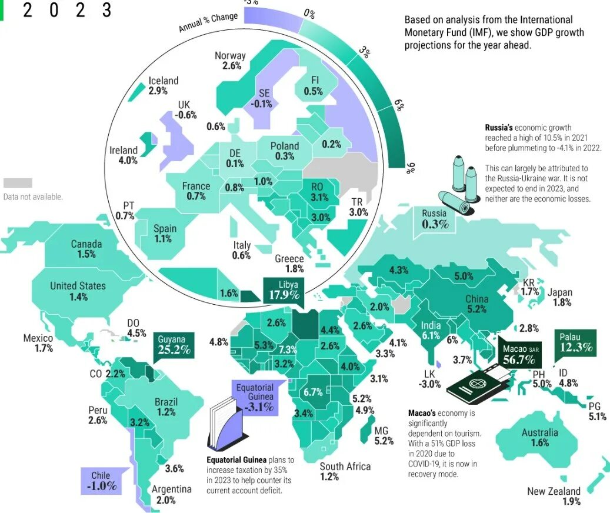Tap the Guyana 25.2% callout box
tap(174, 345)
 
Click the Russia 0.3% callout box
tap(435, 219)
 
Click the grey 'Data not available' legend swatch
tap(18, 183)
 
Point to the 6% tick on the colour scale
tap(399, 106)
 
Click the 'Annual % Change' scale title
tap(208, 22)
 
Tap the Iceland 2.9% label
tap(163, 86)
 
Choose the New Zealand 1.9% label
tap(554, 496)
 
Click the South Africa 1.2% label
tap(345, 471)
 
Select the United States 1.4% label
tap(78, 291)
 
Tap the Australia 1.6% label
tap(539, 438)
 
